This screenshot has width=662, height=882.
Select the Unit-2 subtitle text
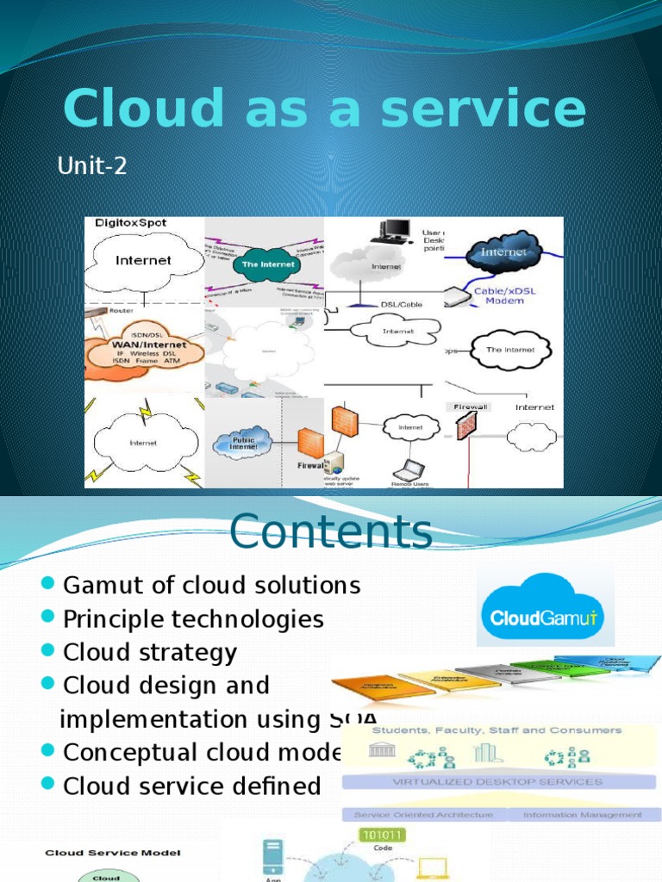point(92,165)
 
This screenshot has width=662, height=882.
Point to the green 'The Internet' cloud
point(267,264)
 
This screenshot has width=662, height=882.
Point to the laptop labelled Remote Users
point(408,471)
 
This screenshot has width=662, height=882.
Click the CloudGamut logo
point(546,610)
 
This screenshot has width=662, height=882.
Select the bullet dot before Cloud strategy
point(48,652)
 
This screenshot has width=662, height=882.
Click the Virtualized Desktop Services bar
point(498,782)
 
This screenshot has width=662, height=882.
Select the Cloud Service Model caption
point(101,853)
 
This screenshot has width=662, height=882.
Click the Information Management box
point(582,814)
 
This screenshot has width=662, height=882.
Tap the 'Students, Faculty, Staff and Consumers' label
point(495,730)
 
